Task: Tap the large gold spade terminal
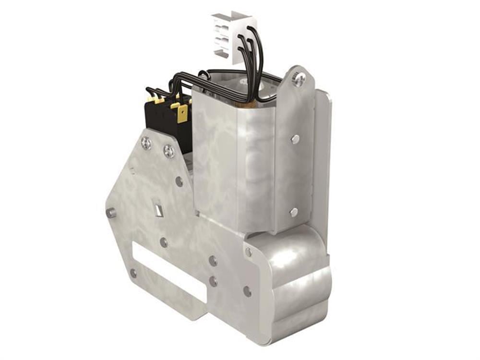tap(182, 114)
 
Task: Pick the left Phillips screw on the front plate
tap(146, 142)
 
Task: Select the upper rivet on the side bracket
tap(295, 139)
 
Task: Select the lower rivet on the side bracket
tap(294, 212)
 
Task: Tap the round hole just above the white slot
tap(164, 242)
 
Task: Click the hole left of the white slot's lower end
tap(133, 273)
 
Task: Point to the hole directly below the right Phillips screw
tap(179, 181)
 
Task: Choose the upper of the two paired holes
tap(213, 261)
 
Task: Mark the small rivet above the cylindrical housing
tap(248, 252)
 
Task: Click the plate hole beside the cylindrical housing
tap(247, 291)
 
